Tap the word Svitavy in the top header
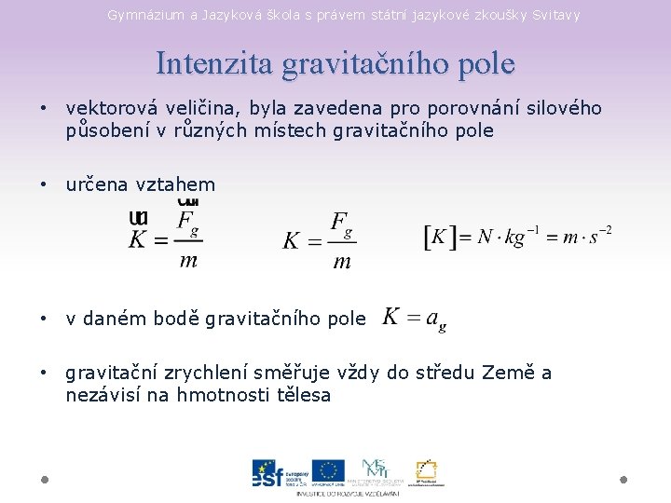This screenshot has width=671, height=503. [x=556, y=15]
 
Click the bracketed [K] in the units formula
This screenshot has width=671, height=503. [x=440, y=238]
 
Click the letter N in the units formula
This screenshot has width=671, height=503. [x=485, y=238]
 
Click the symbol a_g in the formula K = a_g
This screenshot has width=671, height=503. [x=434, y=319]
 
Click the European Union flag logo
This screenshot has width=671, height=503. [x=328, y=471]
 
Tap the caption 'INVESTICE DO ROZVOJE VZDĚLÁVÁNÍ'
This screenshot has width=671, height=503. [x=348, y=493]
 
